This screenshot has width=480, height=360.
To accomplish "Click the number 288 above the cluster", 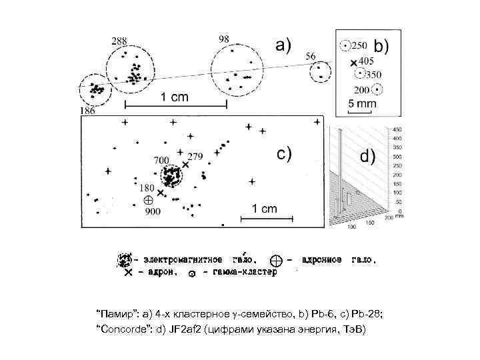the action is tap(119, 41).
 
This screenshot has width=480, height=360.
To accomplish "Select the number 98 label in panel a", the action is tap(224, 39).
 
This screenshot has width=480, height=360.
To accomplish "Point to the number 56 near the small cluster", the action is tap(311, 57).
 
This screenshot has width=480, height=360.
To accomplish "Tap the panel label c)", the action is tap(283, 154).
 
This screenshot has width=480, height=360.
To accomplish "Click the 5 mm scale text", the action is tap(363, 104).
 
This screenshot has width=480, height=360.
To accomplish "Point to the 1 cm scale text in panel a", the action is tap(174, 97).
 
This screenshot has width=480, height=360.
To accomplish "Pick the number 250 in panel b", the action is tap(359, 45).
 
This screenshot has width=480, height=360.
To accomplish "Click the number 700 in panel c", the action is tap(161, 161).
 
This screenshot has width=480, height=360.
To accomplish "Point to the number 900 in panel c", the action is tap(153, 212).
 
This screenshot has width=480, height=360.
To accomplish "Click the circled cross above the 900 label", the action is tap(148, 199).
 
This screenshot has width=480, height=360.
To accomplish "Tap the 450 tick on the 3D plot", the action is tap(397, 129).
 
